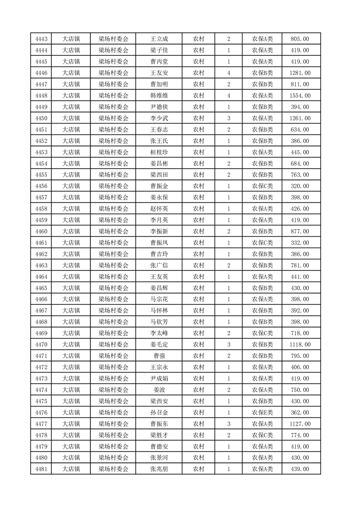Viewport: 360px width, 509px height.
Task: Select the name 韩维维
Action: pyautogui.click(x=159, y=96)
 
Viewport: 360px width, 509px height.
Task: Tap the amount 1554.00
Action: pyautogui.click(x=300, y=96)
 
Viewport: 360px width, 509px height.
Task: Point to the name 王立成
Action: pyautogui.click(x=159, y=39)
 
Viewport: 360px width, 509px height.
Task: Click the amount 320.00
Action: pyautogui.click(x=300, y=186)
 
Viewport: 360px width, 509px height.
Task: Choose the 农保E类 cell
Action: pyautogui.click(x=262, y=413)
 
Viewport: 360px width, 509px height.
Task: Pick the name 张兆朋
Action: pyautogui.click(x=159, y=470)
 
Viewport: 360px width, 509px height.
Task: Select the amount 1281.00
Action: pyautogui.click(x=300, y=73)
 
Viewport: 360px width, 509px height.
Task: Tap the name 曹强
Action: pyautogui.click(x=159, y=356)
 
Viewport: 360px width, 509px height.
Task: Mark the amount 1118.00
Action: pyautogui.click(x=300, y=345)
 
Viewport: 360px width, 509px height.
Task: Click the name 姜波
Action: pyautogui.click(x=159, y=390)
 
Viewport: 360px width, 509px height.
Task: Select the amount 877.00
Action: pyautogui.click(x=300, y=231)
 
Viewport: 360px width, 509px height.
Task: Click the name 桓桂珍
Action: pyautogui.click(x=159, y=152)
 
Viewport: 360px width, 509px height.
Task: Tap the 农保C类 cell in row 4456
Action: pyautogui.click(x=262, y=186)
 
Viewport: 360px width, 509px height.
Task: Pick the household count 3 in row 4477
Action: pyautogui.click(x=229, y=424)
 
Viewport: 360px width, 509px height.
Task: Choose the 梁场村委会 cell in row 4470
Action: pyautogui.click(x=113, y=345)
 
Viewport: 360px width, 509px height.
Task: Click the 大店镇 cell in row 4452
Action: pyautogui.click(x=71, y=141)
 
